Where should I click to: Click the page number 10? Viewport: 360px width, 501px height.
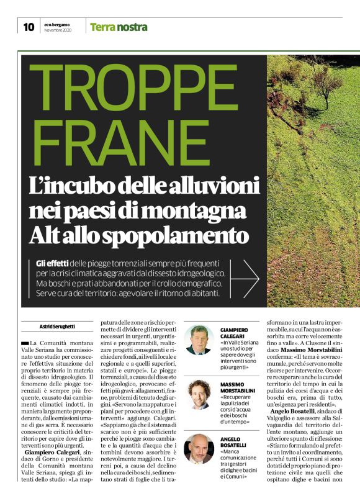click(x=29, y=26)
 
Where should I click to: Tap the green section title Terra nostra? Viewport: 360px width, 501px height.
click(x=119, y=27)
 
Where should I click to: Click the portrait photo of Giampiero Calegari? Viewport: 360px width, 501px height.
click(x=199, y=340)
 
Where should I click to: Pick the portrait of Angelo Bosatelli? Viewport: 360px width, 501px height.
click(x=199, y=449)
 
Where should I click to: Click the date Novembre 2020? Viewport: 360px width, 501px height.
click(x=58, y=30)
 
